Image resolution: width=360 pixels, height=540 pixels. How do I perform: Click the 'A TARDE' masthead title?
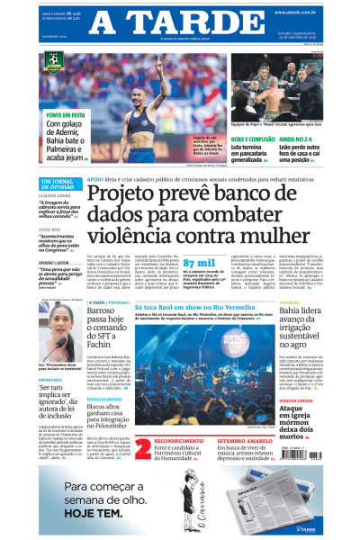tap(180, 22)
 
